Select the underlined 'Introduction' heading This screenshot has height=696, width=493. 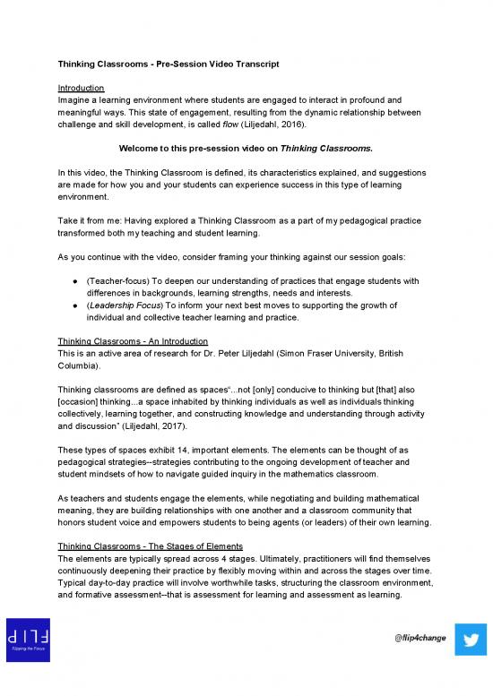(82, 88)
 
